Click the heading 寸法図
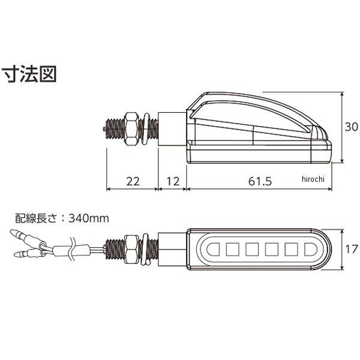(29, 74)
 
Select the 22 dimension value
(133, 181)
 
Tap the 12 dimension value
(173, 181)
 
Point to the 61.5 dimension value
(260, 181)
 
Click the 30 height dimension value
(351, 127)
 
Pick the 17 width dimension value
(352, 250)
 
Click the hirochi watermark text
(313, 179)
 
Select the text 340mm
(89, 218)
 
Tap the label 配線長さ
(35, 218)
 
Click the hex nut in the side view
(131, 129)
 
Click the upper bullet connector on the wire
(28, 239)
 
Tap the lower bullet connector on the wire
(29, 253)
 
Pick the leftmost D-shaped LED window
(213, 250)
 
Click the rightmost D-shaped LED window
(311, 250)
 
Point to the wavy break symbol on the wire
(73, 250)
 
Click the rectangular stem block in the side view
(172, 128)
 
